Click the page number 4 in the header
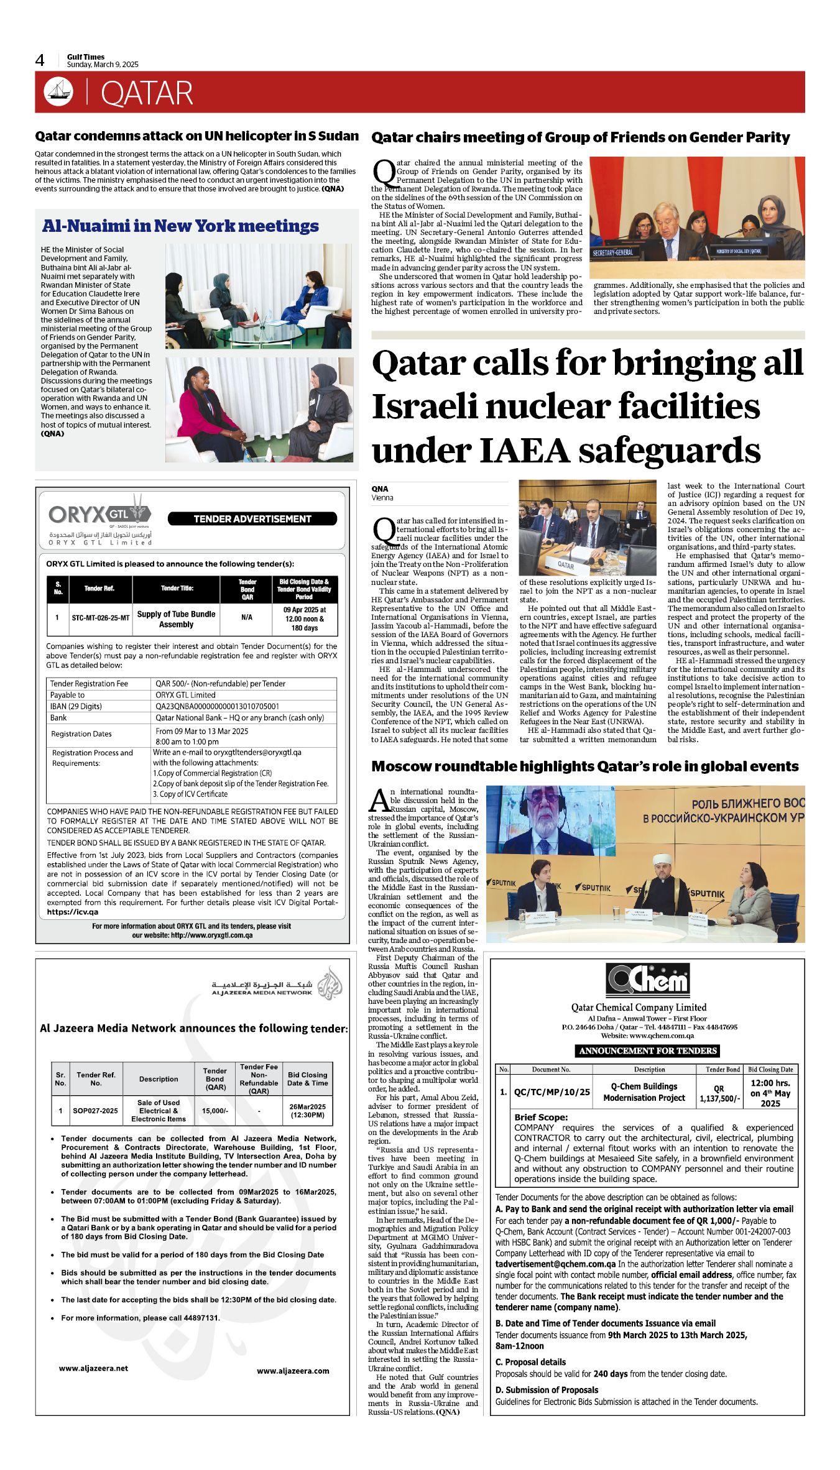point(40,60)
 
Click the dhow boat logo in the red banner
point(58,92)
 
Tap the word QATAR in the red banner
point(147,93)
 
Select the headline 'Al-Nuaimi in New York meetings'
point(180,226)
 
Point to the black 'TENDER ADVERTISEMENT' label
point(252,519)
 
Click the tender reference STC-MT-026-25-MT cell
point(101,618)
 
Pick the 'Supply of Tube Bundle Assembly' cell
point(176,618)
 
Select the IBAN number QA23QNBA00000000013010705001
point(217,706)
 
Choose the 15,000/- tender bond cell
point(215,1111)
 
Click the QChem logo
point(647,980)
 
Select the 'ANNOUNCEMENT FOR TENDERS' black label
point(648,1051)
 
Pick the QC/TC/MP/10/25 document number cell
point(552,1091)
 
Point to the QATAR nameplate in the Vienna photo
point(565,565)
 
